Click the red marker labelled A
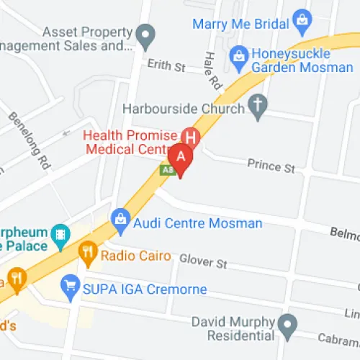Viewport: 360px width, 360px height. pos(181,158)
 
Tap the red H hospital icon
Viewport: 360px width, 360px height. pos(190,136)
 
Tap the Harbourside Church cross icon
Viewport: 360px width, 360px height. pos(257,107)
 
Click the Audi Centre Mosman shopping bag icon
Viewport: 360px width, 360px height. pos(120,217)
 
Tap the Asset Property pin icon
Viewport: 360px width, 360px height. pos(147,32)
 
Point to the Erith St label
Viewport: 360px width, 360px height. pos(167,66)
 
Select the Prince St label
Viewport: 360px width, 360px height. pos(271,168)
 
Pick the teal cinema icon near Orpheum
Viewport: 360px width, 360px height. pos(61,233)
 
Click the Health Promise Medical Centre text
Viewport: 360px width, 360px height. pos(130,143)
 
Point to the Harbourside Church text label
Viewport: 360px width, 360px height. pos(184,109)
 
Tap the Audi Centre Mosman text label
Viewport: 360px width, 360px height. pos(198,223)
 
